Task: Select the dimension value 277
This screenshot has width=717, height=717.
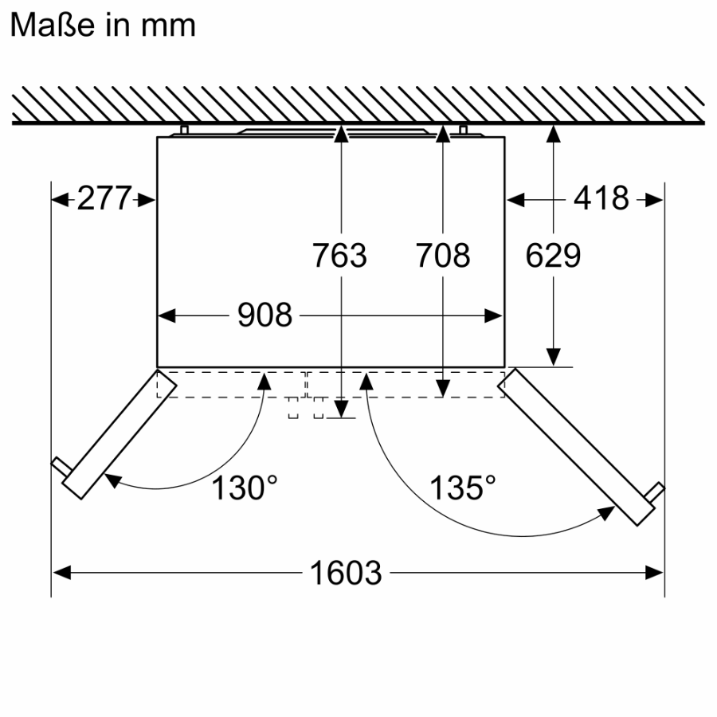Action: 104,198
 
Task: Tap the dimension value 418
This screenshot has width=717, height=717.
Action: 601,198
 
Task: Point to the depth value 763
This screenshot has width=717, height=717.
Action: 339,255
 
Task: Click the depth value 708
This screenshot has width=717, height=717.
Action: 443,255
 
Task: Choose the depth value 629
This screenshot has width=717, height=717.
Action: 553,255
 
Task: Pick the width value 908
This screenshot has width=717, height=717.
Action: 264,315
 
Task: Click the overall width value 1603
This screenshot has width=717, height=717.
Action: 346,573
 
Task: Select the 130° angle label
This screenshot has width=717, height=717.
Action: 245,488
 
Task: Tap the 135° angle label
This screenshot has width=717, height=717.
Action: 462,488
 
